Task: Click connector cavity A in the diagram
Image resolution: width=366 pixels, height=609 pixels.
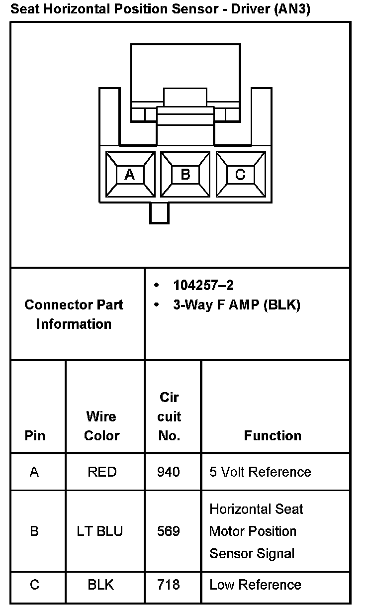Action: pos(130,175)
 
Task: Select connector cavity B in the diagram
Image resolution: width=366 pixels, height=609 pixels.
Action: pos(185,175)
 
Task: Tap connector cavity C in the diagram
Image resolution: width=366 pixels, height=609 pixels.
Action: pos(240,175)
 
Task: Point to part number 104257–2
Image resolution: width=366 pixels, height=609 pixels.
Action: pos(203,285)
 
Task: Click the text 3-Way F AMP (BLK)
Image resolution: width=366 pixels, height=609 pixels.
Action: pos(236,305)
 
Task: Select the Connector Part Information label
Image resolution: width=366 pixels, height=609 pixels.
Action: pos(74,314)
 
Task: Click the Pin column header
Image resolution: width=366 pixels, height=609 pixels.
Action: pos(35,436)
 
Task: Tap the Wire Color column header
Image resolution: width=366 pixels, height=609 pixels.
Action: pos(101,426)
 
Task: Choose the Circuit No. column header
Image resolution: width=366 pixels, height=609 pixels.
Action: pos(169,417)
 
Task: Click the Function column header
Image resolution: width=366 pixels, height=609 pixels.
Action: pos(273,436)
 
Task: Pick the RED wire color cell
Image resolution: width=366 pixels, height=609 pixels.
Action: pos(101,472)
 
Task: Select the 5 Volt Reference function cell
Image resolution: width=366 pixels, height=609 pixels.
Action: pos(260,472)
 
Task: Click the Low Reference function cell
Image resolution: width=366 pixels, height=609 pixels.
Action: pos(255,585)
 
